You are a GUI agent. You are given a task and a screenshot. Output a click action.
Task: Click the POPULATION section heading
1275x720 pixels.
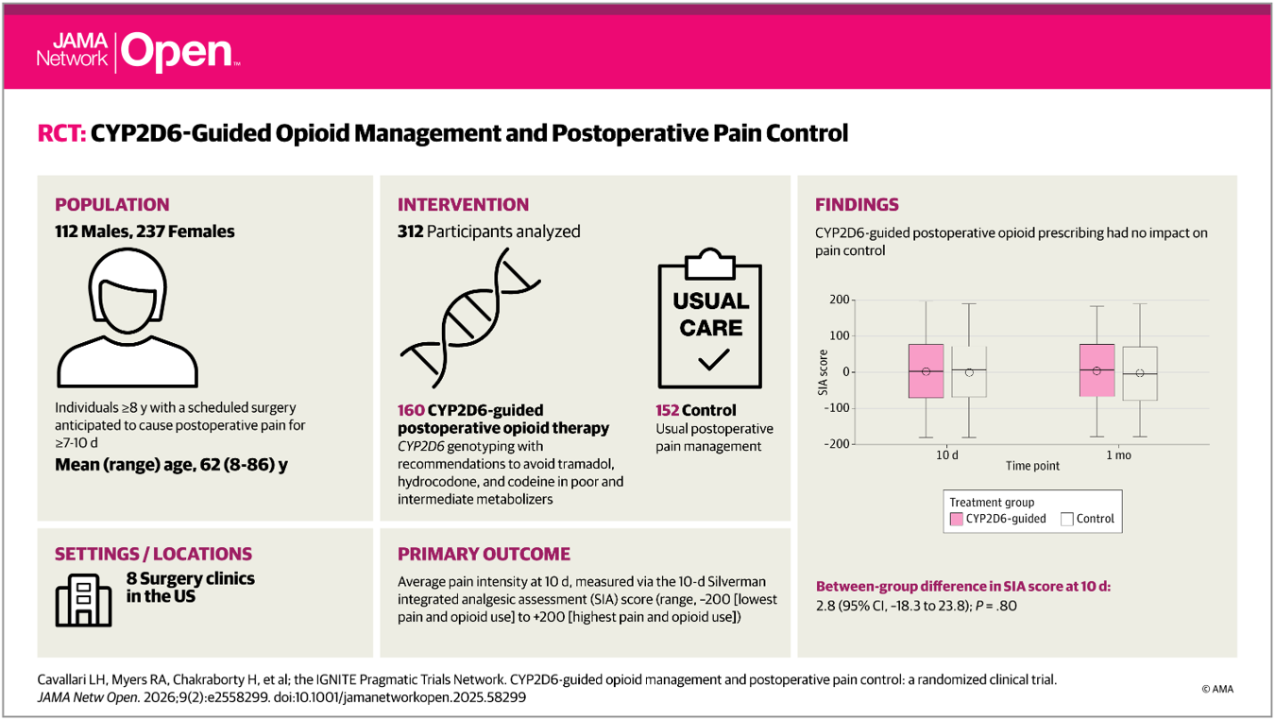pyautogui.click(x=112, y=204)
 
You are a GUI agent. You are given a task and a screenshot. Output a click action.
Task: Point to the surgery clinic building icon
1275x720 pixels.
pyautogui.click(x=83, y=598)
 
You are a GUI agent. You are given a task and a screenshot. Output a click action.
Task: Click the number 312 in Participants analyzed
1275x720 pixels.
pyautogui.click(x=411, y=231)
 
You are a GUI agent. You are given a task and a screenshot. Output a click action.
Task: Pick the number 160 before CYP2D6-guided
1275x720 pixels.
pyautogui.click(x=411, y=410)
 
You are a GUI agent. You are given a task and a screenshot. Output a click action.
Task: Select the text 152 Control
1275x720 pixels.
pyautogui.click(x=696, y=410)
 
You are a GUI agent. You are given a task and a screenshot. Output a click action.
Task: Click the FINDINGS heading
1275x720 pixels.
pyautogui.click(x=857, y=204)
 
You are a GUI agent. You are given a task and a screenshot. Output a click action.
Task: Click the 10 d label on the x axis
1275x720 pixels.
pyautogui.click(x=947, y=454)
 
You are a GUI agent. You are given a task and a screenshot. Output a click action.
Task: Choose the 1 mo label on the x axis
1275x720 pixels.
pyautogui.click(x=1118, y=454)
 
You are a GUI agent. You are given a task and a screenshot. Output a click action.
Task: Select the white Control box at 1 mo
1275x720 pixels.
pyautogui.click(x=1140, y=373)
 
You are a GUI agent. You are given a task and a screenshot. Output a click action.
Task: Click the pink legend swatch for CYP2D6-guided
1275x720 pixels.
pyautogui.click(x=957, y=519)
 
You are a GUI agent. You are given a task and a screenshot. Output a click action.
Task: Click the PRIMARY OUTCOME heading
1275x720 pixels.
pyautogui.click(x=484, y=554)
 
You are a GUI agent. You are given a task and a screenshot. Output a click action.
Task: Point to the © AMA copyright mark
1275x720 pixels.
pyautogui.click(x=1217, y=689)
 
